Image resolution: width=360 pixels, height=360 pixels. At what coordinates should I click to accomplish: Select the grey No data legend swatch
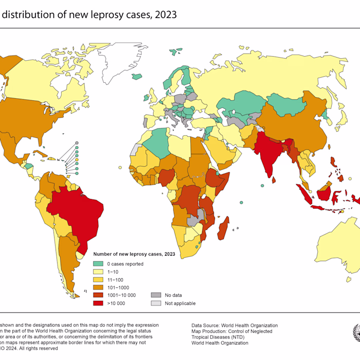tap(155, 295)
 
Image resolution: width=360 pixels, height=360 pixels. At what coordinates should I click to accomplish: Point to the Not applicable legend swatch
tap(155, 303)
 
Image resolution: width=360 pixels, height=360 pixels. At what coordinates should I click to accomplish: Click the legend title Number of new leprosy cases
tap(134, 254)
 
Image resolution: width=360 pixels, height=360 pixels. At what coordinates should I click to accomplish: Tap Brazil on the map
tap(75, 208)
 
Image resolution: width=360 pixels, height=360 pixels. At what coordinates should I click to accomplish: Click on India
tap(269, 154)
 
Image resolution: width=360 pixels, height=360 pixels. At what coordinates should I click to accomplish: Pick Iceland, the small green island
tap(137, 77)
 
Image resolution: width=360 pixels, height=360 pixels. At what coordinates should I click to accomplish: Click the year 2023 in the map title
tap(165, 14)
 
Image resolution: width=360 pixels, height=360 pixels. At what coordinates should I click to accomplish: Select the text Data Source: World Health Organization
tap(235, 326)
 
